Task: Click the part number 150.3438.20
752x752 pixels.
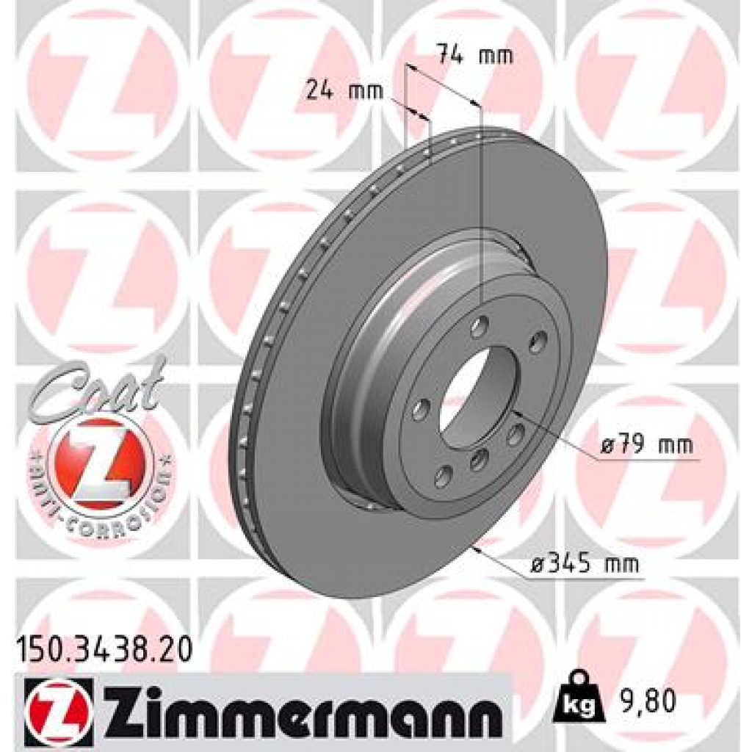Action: point(104,650)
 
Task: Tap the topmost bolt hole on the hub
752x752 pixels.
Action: point(480,325)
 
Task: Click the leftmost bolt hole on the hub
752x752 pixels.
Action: point(420,411)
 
